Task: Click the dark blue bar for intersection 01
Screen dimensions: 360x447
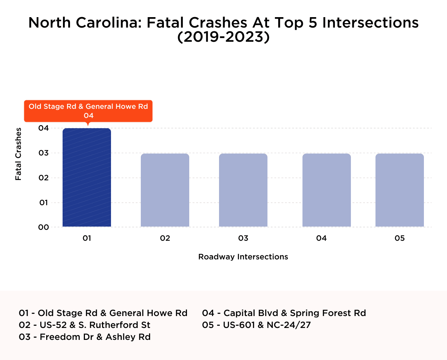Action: (x=87, y=177)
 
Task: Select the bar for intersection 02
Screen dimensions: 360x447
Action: (x=165, y=190)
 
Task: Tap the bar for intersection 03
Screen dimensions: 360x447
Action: (x=243, y=190)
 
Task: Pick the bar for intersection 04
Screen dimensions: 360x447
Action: (x=327, y=190)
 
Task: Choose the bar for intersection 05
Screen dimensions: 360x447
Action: (x=400, y=190)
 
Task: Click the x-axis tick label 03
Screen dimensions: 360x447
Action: (x=243, y=238)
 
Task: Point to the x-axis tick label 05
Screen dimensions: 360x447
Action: (x=400, y=238)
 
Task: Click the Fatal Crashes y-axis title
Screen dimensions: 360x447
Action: (x=18, y=154)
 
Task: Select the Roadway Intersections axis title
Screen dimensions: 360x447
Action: (x=243, y=257)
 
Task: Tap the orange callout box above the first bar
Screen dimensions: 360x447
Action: (x=88, y=111)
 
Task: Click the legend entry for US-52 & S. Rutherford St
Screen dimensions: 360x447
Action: (x=85, y=325)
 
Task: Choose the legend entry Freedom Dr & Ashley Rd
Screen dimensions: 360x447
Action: (x=85, y=337)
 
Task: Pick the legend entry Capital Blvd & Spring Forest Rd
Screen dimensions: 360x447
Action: (x=284, y=313)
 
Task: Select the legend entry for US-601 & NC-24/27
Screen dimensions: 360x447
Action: (x=256, y=325)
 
